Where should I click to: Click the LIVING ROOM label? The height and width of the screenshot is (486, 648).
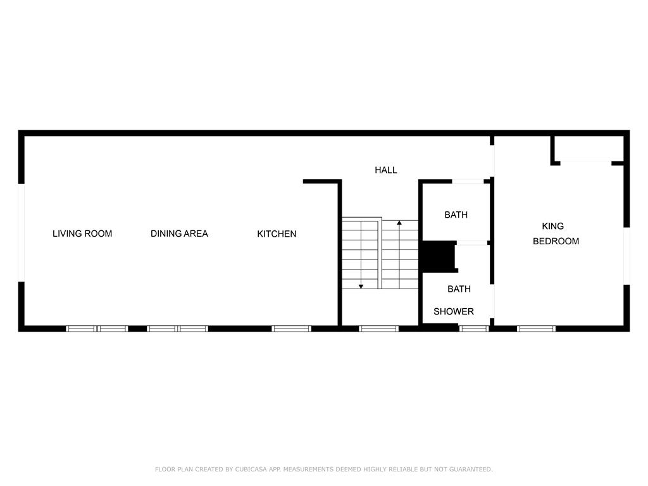pyautogui.click(x=82, y=234)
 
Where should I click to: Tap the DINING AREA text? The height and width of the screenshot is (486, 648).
pyautogui.click(x=179, y=234)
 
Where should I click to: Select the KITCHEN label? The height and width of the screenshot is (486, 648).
pyautogui.click(x=277, y=234)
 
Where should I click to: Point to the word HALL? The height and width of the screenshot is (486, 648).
pyautogui.click(x=386, y=170)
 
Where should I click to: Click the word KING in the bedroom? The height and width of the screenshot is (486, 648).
pyautogui.click(x=553, y=226)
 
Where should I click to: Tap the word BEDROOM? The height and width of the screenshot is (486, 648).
pyautogui.click(x=556, y=241)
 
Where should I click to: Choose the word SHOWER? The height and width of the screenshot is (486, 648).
pyautogui.click(x=454, y=311)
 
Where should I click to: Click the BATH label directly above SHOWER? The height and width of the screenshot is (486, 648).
pyautogui.click(x=459, y=289)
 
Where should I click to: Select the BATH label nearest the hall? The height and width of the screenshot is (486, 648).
pyautogui.click(x=456, y=215)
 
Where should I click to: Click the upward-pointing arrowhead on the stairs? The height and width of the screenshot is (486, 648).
pyautogui.click(x=399, y=223)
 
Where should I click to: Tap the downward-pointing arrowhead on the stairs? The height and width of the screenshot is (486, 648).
pyautogui.click(x=361, y=287)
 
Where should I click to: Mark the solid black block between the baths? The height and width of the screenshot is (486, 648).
pyautogui.click(x=438, y=257)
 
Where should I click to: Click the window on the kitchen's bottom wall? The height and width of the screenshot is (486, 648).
pyautogui.click(x=291, y=328)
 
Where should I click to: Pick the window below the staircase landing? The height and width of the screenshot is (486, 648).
pyautogui.click(x=379, y=328)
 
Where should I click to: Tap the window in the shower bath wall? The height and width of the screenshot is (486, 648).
pyautogui.click(x=474, y=328)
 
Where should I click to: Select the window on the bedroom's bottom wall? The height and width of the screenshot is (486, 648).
pyautogui.click(x=536, y=328)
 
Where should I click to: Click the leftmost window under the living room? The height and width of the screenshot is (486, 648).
pyautogui.click(x=82, y=328)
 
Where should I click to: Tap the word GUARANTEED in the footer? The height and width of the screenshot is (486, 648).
pyautogui.click(x=471, y=469)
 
